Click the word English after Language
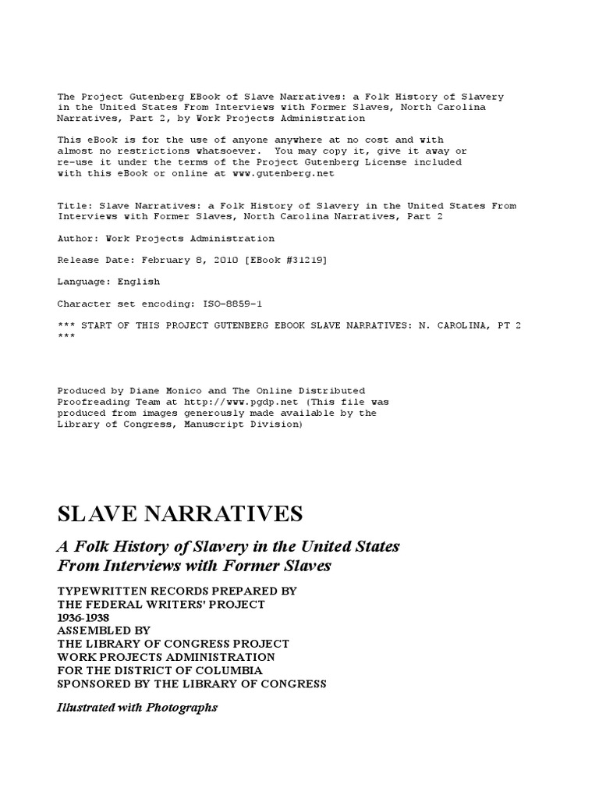[139, 282]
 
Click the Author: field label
[77, 238]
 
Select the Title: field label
[74, 206]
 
